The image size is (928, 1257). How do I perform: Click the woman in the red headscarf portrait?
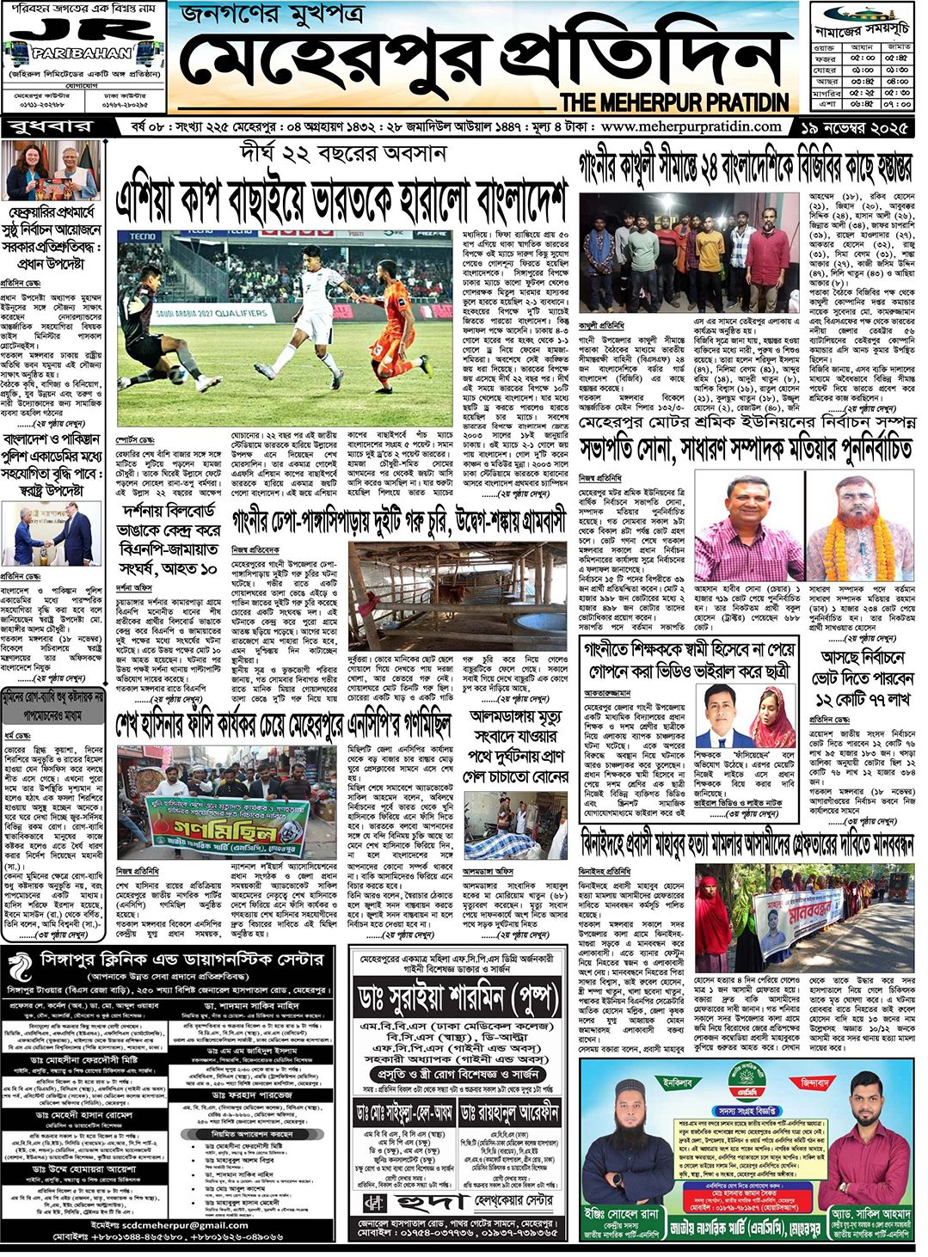click(x=775, y=715)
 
